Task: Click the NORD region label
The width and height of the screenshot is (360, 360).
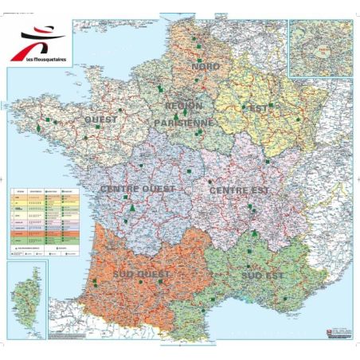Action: pos(206,66)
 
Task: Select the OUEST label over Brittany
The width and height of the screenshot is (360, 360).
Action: pos(100,120)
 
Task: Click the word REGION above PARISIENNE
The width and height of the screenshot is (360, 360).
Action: pos(183,105)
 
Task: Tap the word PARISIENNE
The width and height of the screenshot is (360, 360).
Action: pos(184,123)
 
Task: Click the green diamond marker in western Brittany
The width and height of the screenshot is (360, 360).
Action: pos(37,127)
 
